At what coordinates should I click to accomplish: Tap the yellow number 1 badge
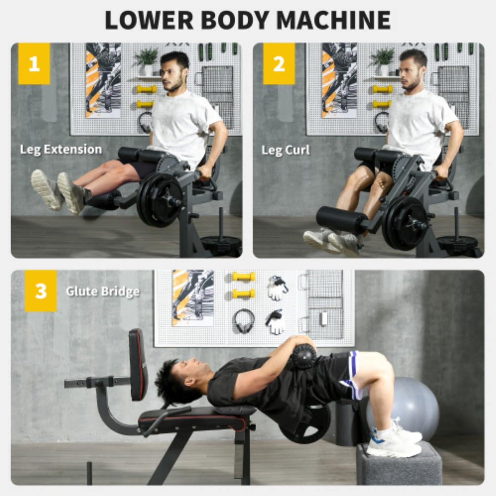[x=34, y=63]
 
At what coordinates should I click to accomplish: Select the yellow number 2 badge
[x=279, y=63]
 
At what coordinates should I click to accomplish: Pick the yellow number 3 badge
[x=41, y=291]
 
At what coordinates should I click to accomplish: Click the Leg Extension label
[x=61, y=149]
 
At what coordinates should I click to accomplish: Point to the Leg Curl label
[x=285, y=150]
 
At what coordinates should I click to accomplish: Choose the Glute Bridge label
[x=103, y=292]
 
